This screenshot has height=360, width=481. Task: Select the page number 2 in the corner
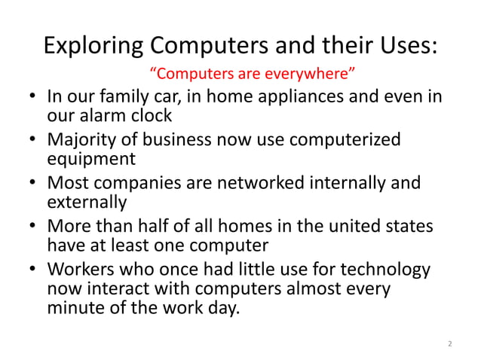click(449, 344)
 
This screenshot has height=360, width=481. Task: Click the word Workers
click(80, 269)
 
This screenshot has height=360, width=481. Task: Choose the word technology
click(383, 269)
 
